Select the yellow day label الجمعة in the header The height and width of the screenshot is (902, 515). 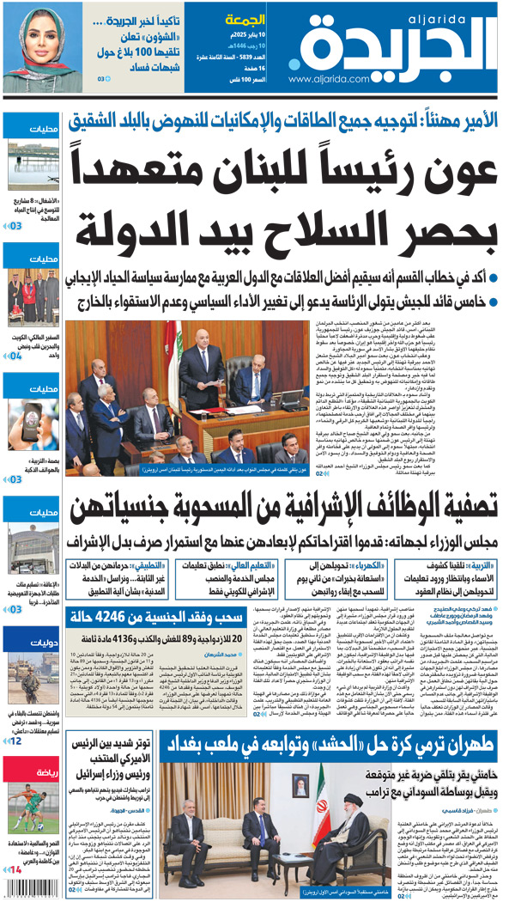[x=244, y=19]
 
